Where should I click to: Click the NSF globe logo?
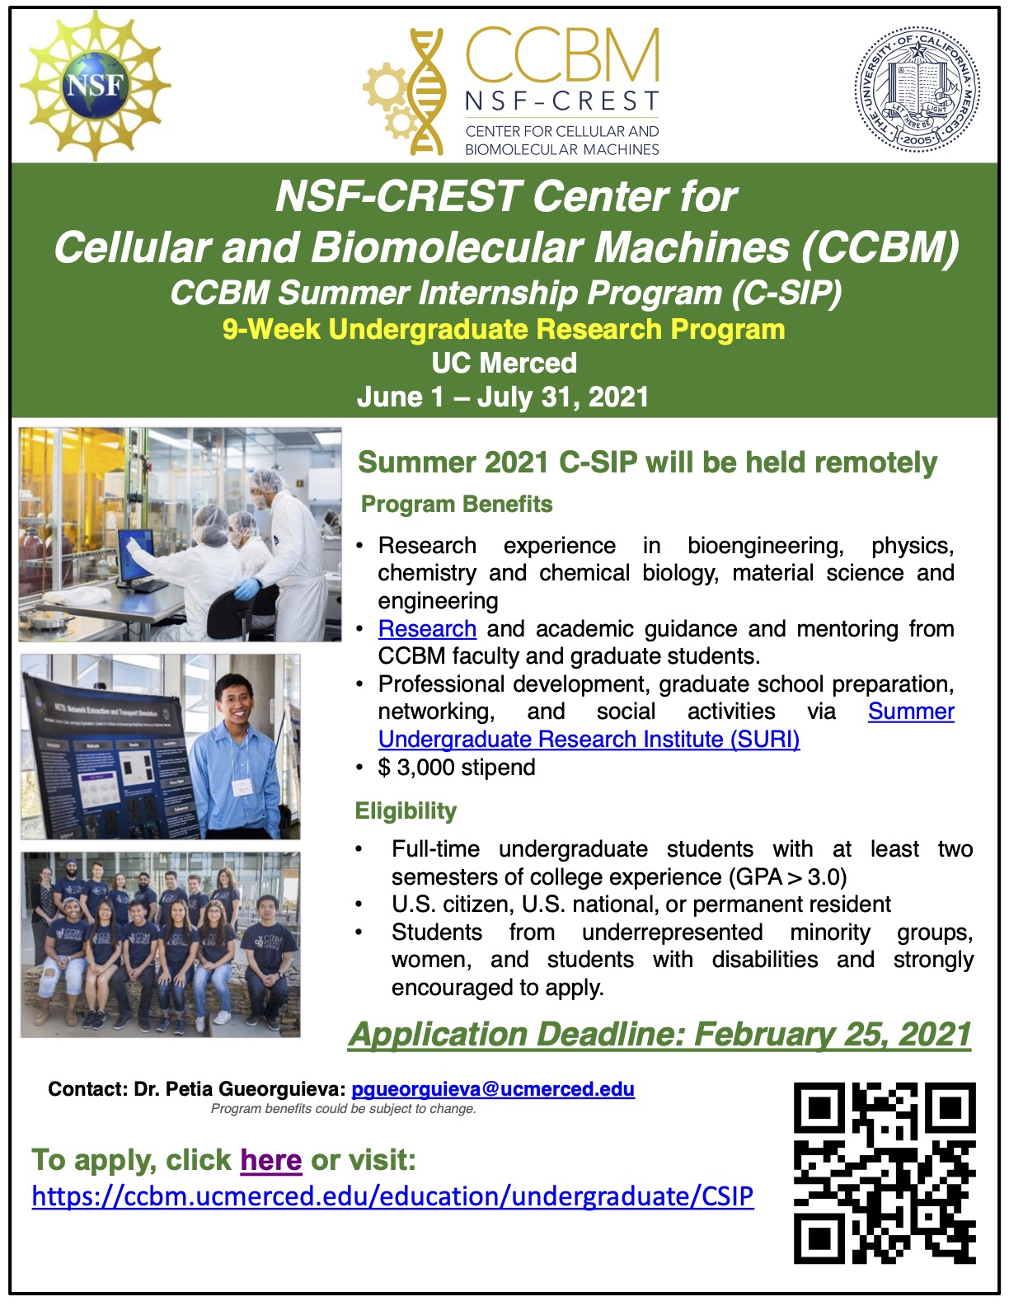coord(95,85)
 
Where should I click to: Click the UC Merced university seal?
coord(917,88)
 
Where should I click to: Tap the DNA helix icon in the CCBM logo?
coord(426,92)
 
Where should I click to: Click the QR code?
coord(885,1173)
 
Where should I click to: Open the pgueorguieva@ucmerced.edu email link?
coord(492,1089)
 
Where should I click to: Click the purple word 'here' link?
coord(270,1160)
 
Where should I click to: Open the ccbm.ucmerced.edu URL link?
coord(392,1196)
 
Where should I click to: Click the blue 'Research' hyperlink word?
coord(427,629)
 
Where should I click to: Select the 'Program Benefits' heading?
coord(457,504)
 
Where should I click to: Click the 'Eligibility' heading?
coord(406,811)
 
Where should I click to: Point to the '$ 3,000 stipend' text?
coord(457,768)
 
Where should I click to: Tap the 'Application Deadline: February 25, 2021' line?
coord(659,1034)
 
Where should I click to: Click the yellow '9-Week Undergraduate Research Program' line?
coord(504,330)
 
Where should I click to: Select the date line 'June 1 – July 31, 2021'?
coord(503,397)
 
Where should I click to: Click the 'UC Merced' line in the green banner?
coord(504,363)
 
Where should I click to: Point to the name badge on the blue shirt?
coord(242,786)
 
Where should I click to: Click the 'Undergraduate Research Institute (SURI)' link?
coord(589,740)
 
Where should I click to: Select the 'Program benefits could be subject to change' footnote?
coord(344,1109)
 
